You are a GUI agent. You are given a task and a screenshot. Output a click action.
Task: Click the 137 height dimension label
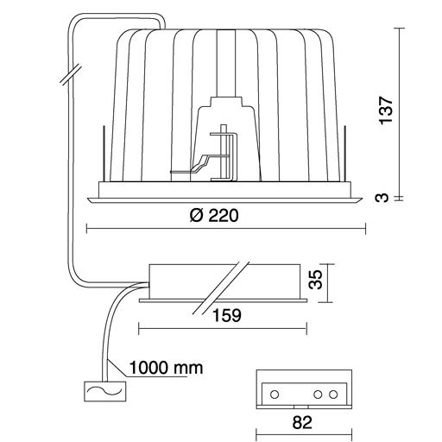pos(386,110)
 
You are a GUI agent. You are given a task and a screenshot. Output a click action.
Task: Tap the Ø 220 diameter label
pos(214,215)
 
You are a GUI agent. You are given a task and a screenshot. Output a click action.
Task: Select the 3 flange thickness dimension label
pos(382,198)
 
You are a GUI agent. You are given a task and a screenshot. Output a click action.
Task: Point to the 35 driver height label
pos(315,279)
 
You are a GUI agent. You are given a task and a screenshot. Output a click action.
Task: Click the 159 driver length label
pos(227,315)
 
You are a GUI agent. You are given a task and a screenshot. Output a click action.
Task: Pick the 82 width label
pos(302,423)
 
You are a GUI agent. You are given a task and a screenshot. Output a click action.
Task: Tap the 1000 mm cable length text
pos(166,368)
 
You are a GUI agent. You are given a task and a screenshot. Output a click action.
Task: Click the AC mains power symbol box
pos(105,391)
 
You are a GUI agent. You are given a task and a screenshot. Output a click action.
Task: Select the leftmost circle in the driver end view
pos(275,394)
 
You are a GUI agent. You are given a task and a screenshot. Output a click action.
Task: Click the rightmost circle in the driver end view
pos(333,394)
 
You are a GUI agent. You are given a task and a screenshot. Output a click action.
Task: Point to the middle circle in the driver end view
pos(318,394)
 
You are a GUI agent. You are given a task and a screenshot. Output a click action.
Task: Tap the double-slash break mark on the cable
pos(71,74)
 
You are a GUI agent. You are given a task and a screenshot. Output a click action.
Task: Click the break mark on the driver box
pos(221,287)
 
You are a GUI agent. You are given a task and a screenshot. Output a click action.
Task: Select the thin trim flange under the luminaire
pos(224,200)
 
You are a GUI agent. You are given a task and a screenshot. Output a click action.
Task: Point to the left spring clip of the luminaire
pos(104,153)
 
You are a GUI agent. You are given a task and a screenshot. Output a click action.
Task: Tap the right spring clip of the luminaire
pos(345,153)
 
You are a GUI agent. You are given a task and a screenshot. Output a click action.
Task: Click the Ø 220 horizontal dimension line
pos(226,229)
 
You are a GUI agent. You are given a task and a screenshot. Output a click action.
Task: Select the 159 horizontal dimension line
pos(223,329)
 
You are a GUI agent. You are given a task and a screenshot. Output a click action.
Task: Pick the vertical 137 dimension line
pos(399,112)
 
